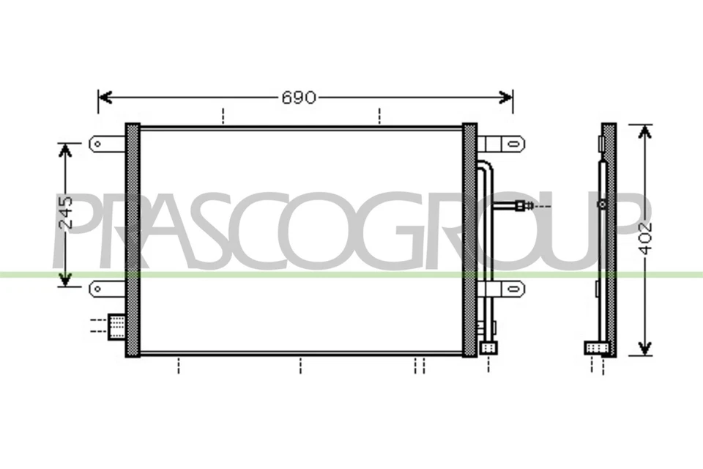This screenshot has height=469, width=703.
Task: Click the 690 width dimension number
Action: (299, 97)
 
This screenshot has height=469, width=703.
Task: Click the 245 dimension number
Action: (65, 214)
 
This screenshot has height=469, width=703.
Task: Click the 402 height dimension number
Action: (644, 237)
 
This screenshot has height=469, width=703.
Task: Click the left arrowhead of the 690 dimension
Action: (104, 97)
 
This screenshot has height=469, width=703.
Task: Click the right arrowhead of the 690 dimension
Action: (506, 97)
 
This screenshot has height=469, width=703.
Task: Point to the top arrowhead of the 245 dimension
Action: (65, 149)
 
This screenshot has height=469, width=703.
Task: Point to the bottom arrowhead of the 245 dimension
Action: (65, 280)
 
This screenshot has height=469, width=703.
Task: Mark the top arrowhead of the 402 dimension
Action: (644, 130)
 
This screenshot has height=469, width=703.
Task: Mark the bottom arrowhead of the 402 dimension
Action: (644, 347)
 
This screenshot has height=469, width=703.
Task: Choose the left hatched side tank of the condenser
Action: (133, 240)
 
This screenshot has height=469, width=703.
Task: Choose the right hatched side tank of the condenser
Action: (469, 240)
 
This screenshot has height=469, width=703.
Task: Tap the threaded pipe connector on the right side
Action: (520, 207)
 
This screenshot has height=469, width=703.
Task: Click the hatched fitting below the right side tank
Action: (488, 347)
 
